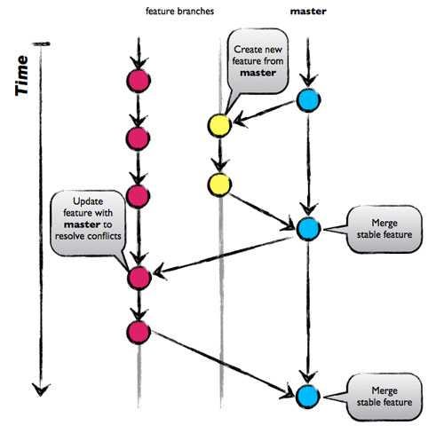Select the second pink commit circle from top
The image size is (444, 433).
click(x=138, y=138)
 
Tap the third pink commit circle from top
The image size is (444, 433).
click(x=138, y=196)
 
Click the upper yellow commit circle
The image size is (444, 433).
click(x=219, y=125)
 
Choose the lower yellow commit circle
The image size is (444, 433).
click(x=219, y=185)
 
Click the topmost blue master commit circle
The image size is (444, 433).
click(x=308, y=101)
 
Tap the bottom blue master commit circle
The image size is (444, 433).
click(x=308, y=396)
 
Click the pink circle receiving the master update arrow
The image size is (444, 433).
click(x=138, y=278)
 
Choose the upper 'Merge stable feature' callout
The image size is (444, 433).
click(x=385, y=230)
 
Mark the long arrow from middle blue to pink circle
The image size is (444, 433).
click(x=222, y=254)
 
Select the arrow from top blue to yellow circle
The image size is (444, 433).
click(x=265, y=113)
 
